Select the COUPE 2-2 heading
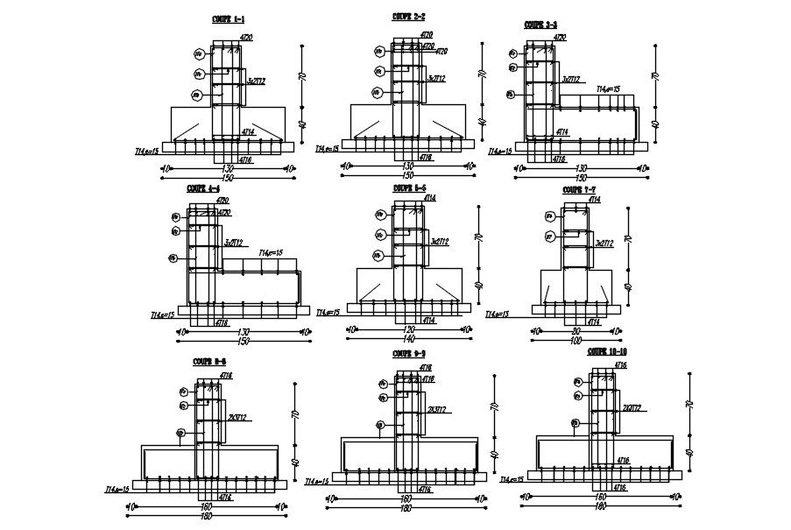point(409,17)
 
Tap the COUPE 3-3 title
point(540,25)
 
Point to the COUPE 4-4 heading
point(202,188)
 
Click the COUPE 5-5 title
point(409,187)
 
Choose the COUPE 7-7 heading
point(579,188)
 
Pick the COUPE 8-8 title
point(209,361)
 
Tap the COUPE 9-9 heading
point(409,353)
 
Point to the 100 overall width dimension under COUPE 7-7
point(576,338)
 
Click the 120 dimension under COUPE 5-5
point(406,329)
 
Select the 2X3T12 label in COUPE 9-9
point(438,408)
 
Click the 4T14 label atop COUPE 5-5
point(430,199)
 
